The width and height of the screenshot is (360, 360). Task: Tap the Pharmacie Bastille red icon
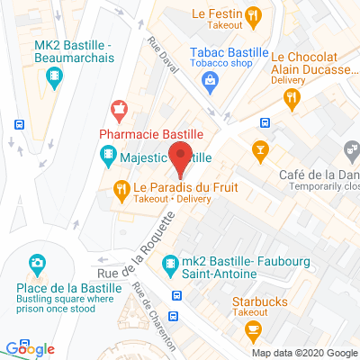(117, 112)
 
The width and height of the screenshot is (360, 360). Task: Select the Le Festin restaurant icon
(253, 14)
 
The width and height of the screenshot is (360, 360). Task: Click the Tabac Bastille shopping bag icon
(210, 81)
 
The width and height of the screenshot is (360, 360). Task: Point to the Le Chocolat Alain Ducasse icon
(292, 103)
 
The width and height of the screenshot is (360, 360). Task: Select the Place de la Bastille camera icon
(37, 264)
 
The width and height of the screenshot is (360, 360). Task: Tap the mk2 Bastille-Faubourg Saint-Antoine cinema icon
(167, 264)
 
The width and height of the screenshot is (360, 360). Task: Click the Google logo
(30, 349)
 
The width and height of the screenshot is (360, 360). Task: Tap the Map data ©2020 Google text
(304, 353)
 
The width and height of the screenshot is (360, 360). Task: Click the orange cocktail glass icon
(261, 147)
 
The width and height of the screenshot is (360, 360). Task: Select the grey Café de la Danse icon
(352, 147)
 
